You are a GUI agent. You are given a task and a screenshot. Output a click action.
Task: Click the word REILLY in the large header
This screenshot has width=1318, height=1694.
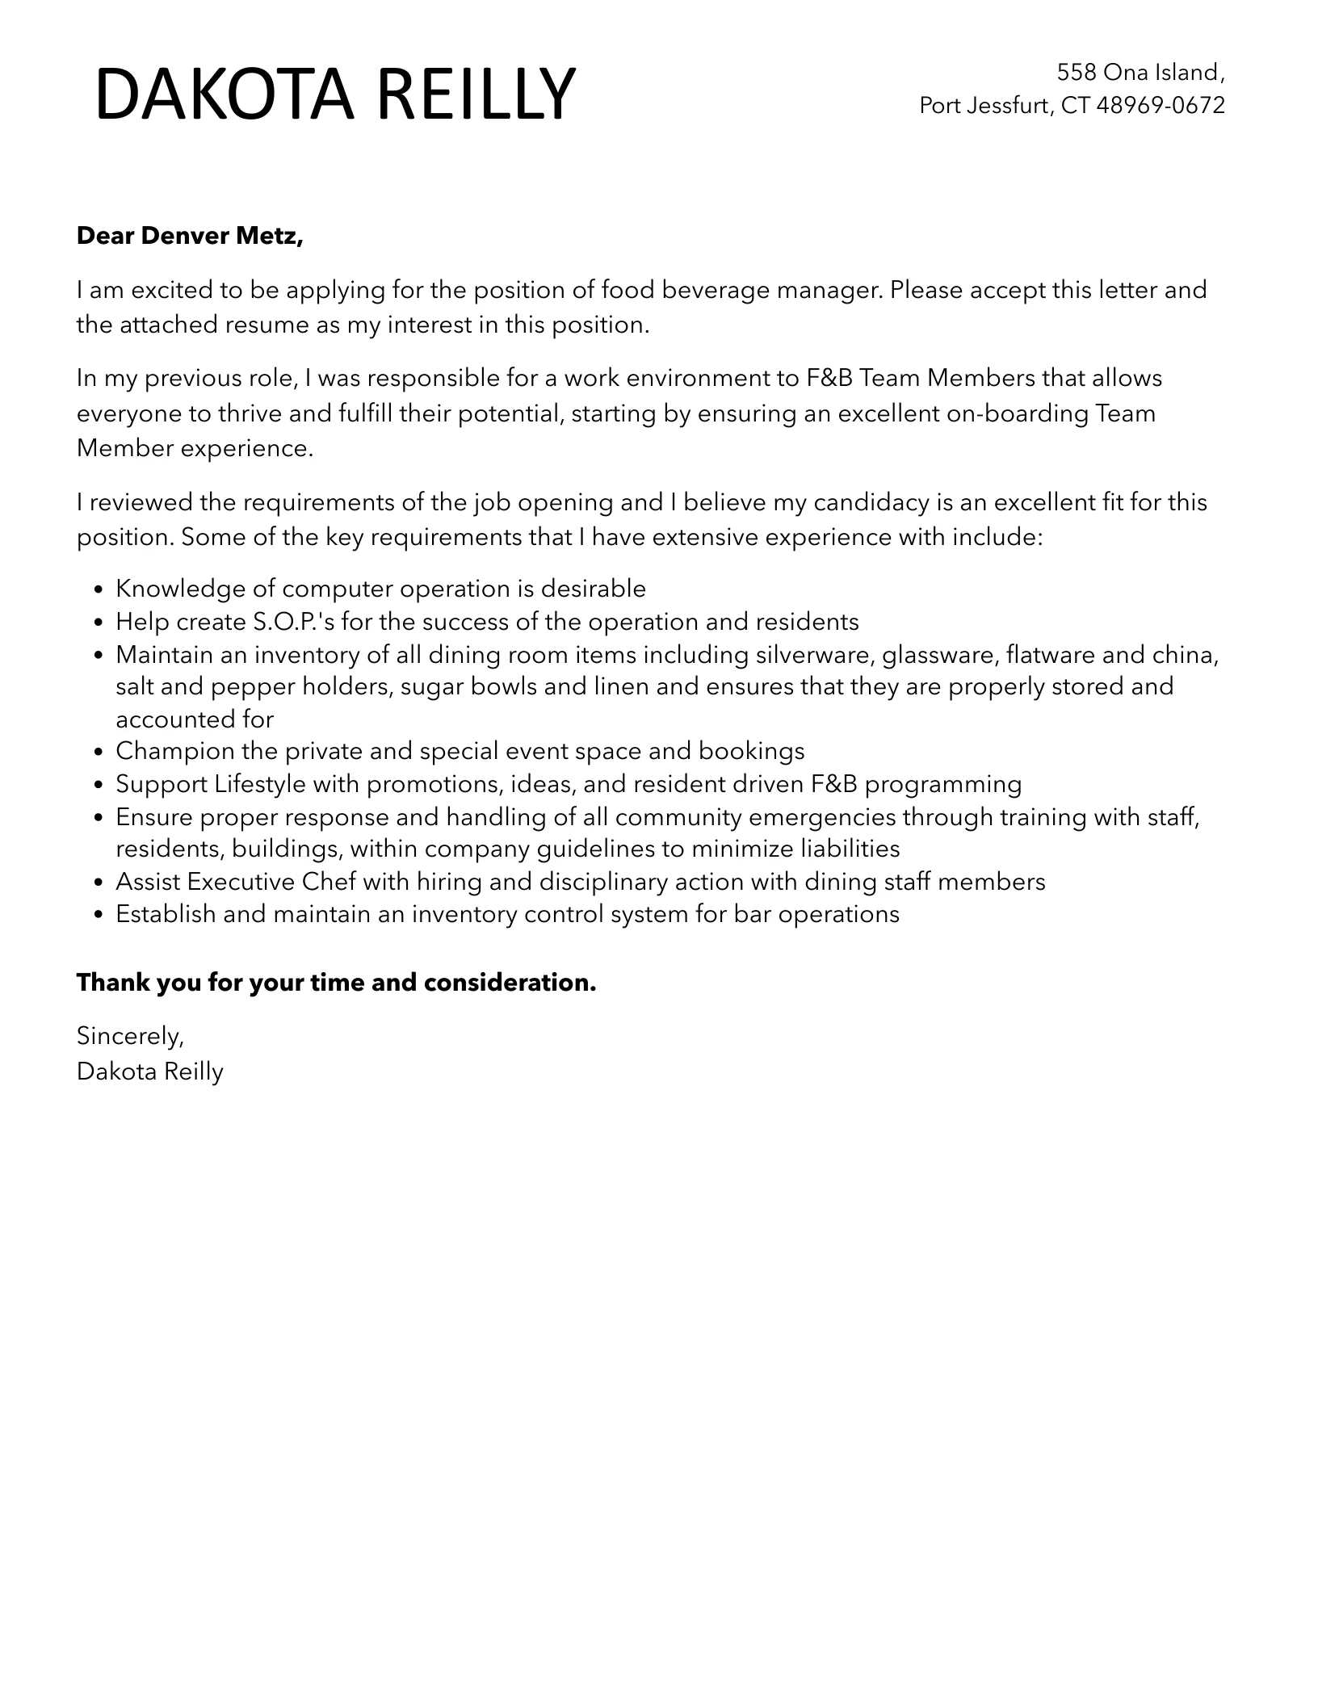tap(476, 95)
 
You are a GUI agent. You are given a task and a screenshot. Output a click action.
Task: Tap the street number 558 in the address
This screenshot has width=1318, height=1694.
tap(1077, 73)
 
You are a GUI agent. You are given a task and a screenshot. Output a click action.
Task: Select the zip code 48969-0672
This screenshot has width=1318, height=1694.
tap(1161, 105)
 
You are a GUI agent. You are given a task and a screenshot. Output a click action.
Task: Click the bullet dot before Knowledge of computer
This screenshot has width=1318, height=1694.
tap(99, 590)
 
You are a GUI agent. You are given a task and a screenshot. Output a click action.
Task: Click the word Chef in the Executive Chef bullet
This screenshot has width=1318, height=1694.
tap(329, 882)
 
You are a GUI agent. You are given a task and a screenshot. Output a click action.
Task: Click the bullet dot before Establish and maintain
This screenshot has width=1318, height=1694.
tap(99, 916)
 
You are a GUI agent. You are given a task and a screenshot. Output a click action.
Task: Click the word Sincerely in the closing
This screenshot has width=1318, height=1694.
tap(129, 1035)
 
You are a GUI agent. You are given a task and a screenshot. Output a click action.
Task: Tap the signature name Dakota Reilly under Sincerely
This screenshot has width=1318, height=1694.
tap(149, 1071)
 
